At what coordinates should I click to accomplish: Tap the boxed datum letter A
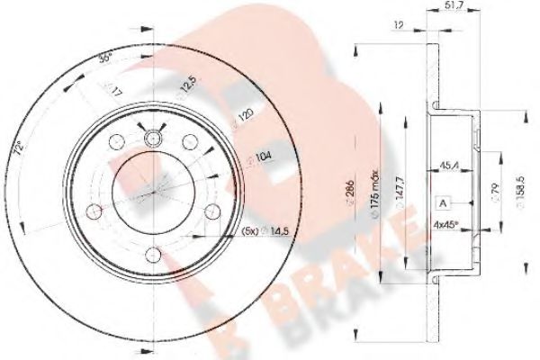click(445, 203)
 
